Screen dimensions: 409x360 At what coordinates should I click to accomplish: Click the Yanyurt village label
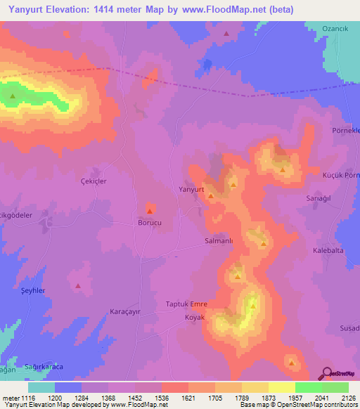[x=191, y=190]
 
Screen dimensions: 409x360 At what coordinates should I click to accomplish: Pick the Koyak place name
[x=194, y=317]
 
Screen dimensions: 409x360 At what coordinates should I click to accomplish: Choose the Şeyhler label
[x=33, y=290]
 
